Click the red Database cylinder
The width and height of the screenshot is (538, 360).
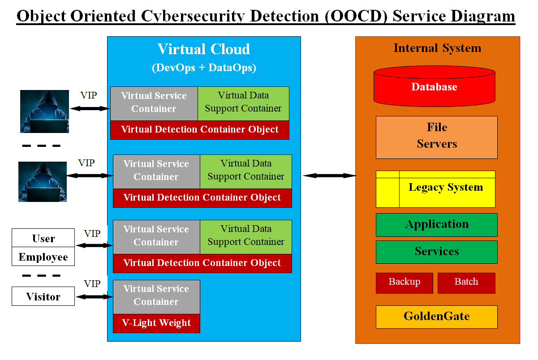tap(434, 86)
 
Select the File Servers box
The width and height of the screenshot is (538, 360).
tap(436, 137)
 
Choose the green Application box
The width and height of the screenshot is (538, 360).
tap(436, 225)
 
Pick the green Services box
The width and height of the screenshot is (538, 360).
tap(436, 252)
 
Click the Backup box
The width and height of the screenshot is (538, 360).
tap(404, 283)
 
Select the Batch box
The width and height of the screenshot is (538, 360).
tap(466, 283)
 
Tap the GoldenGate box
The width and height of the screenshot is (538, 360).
tap(436, 317)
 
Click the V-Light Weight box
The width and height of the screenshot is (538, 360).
tap(156, 323)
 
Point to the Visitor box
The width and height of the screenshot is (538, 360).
tap(43, 296)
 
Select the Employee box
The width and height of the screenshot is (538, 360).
tap(43, 257)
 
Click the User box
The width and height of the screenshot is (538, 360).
tap(43, 238)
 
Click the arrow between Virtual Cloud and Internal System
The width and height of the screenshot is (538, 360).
tap(329, 176)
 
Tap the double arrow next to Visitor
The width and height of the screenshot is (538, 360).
tap(94, 296)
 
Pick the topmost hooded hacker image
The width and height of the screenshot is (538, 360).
tap(44, 111)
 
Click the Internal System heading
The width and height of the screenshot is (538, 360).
tap(437, 48)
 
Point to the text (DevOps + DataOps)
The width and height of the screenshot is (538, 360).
tap(204, 68)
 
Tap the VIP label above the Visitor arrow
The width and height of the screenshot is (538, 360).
tap(92, 284)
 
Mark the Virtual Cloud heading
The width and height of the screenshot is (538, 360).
tap(204, 49)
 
